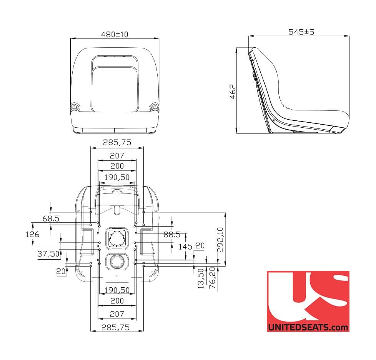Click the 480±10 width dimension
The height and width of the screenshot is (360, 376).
(x=115, y=35)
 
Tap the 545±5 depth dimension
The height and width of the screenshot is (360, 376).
(x=301, y=32)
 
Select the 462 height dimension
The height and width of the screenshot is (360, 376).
(x=233, y=92)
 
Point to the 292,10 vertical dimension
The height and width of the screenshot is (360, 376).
(x=220, y=240)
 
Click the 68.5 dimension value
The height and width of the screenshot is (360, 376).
(x=51, y=218)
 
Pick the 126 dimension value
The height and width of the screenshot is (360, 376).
(x=33, y=234)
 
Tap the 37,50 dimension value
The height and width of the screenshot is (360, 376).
(x=48, y=254)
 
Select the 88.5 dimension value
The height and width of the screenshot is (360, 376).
(x=172, y=235)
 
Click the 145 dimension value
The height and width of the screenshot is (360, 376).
(x=185, y=247)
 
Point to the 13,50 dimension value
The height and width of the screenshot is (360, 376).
(x=201, y=278)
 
